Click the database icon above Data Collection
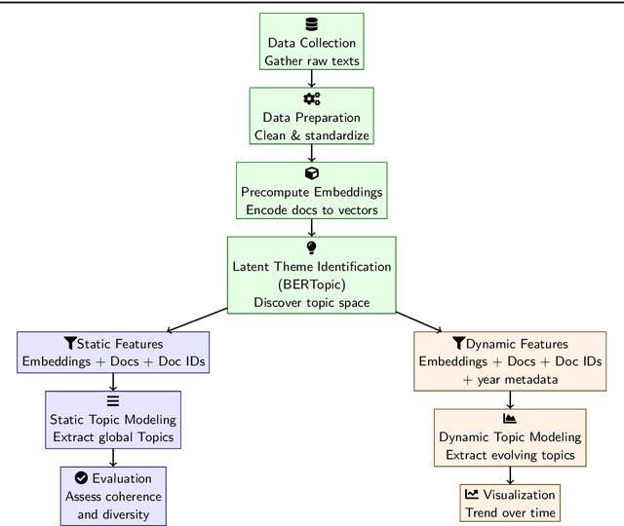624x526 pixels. pyautogui.click(x=312, y=25)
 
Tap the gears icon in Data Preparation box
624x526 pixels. pyautogui.click(x=312, y=99)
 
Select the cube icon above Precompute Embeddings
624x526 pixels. pyautogui.click(x=312, y=173)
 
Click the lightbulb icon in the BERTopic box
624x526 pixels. pyautogui.click(x=312, y=247)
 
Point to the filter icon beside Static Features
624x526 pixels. pyautogui.click(x=69, y=344)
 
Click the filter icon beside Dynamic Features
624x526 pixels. pyautogui.click(x=458, y=344)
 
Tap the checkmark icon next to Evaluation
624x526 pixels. pyautogui.click(x=81, y=478)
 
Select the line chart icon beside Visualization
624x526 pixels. pyautogui.click(x=472, y=495)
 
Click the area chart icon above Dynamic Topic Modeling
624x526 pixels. pyautogui.click(x=509, y=419)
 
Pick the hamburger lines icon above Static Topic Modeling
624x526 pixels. pyautogui.click(x=113, y=401)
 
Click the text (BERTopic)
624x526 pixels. pyautogui.click(x=312, y=284)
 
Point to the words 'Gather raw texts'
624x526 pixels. pyautogui.click(x=312, y=61)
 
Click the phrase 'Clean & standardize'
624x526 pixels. pyautogui.click(x=312, y=135)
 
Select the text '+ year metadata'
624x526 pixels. pyautogui.click(x=510, y=379)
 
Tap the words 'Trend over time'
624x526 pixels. pyautogui.click(x=510, y=512)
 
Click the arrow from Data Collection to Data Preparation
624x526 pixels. pyautogui.click(x=312, y=79)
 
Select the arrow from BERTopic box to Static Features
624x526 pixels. pyautogui.click(x=197, y=320)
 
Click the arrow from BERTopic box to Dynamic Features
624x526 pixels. pyautogui.click(x=419, y=320)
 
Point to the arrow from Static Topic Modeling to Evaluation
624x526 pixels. pyautogui.click(x=113, y=457)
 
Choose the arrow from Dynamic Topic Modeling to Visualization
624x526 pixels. pyautogui.click(x=510, y=474)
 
